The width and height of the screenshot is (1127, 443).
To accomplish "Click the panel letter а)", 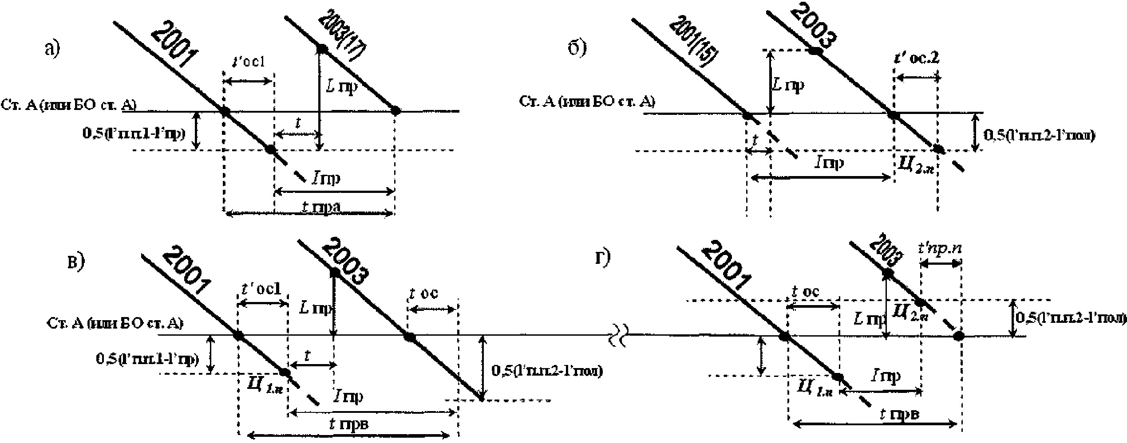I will (x=52, y=49).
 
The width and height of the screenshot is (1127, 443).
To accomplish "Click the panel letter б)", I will (x=577, y=48).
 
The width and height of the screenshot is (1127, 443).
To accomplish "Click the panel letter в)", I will (x=75, y=263).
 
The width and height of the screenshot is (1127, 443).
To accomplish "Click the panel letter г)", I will (x=602, y=258).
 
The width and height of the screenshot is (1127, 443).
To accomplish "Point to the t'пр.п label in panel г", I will (x=940, y=249).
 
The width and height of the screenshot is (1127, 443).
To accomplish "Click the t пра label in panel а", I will (x=321, y=207).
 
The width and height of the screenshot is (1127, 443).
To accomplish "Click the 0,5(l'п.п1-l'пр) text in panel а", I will (x=133, y=133).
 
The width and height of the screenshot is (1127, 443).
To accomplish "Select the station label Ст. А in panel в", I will (x=115, y=323).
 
